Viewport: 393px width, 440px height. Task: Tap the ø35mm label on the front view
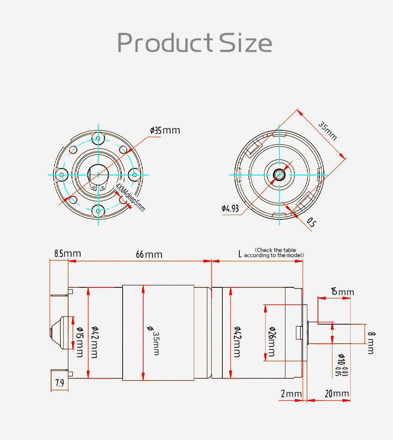[165, 130]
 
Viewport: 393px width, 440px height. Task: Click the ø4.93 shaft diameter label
[230, 208]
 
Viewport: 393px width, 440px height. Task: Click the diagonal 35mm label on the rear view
[328, 131]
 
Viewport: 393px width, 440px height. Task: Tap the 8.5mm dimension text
[68, 254]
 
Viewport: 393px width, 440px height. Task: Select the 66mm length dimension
[149, 254]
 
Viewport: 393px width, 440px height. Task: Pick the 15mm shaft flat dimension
[342, 292]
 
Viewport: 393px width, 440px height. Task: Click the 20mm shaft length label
[337, 394]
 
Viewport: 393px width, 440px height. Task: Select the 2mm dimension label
[291, 394]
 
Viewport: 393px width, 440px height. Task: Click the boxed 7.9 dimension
[59, 383]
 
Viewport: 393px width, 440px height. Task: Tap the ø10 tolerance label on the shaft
[342, 365]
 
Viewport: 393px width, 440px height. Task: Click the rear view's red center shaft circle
[279, 174]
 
